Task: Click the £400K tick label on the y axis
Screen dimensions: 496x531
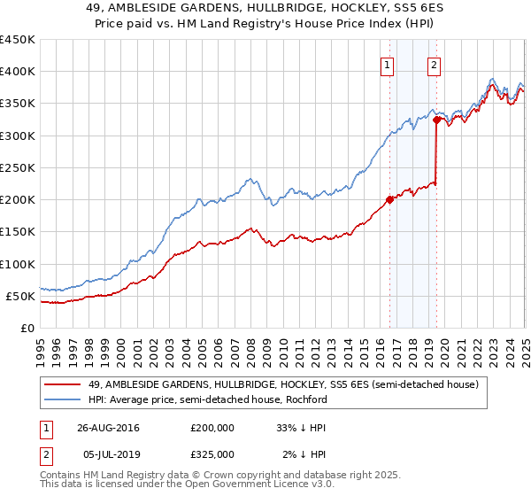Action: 17,72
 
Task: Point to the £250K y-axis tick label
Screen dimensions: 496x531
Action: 17,167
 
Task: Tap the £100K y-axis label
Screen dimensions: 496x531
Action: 17,264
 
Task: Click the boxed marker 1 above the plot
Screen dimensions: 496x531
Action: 388,64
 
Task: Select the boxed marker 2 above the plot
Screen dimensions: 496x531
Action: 435,64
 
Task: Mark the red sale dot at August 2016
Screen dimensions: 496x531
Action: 390,199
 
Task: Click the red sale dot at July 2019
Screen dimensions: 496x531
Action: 436,120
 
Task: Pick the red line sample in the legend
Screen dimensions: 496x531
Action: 64,384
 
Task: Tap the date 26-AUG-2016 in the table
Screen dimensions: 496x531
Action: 108,428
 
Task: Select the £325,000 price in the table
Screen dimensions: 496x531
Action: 212,454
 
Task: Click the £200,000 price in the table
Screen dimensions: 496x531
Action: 212,428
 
